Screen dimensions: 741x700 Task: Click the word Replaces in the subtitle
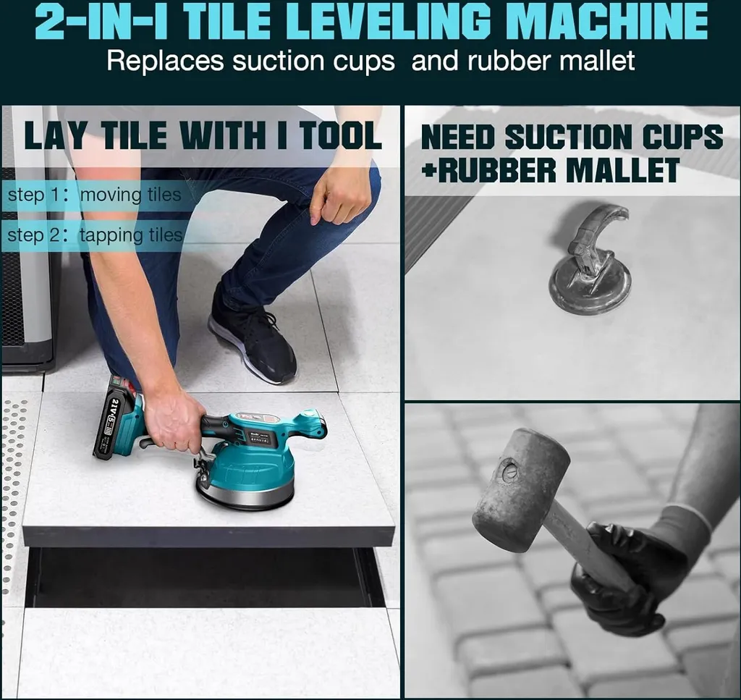coord(166,62)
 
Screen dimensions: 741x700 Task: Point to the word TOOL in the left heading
coord(340,135)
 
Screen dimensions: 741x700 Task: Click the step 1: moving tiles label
coord(95,195)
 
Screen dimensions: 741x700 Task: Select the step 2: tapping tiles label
coord(95,235)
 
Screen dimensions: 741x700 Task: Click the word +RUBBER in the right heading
coord(489,170)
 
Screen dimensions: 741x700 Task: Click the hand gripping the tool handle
coord(173,421)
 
